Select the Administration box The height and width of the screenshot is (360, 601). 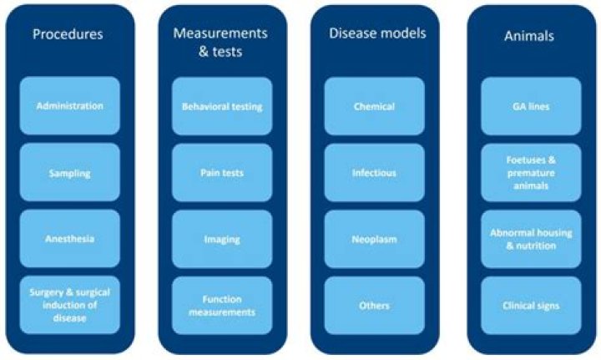point(70,106)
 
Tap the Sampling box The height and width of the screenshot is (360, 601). point(70,173)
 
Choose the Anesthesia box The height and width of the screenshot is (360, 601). point(70,239)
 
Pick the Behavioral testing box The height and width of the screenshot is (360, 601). point(222,106)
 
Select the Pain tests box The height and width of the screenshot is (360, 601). point(222,173)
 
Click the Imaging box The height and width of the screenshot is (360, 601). point(222,239)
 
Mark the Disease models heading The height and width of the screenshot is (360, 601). point(377,34)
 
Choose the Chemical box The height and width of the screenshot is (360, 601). point(374,106)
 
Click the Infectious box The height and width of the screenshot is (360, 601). point(374,173)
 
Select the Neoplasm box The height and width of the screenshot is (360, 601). point(374,239)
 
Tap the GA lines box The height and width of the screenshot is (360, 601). point(531,106)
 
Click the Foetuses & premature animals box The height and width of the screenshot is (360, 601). point(531,173)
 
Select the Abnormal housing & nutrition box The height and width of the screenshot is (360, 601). point(531,239)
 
